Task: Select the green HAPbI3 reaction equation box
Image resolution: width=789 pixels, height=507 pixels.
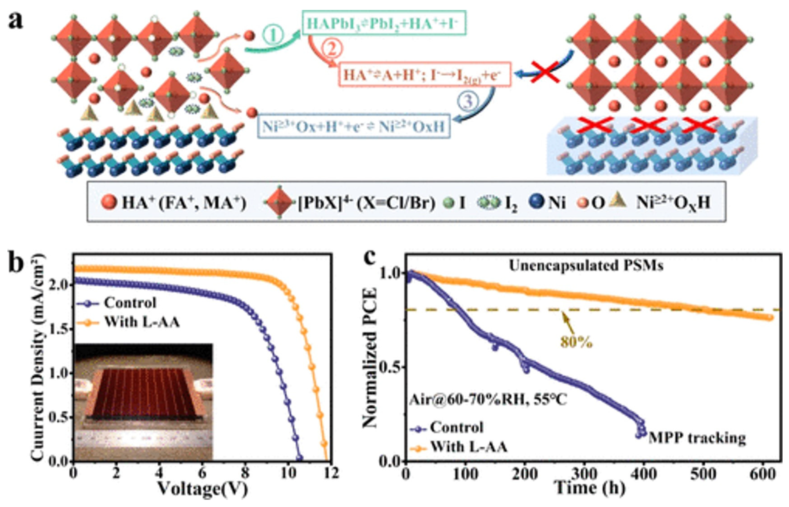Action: [x=384, y=23]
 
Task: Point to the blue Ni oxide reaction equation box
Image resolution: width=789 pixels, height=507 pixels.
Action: [x=354, y=126]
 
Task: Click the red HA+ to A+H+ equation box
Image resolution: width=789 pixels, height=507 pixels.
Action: [x=424, y=74]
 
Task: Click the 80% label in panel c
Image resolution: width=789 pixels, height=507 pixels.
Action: [x=576, y=342]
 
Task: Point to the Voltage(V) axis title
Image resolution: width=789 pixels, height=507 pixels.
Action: [x=202, y=490]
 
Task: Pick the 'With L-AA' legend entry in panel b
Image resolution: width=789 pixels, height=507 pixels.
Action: [x=141, y=322]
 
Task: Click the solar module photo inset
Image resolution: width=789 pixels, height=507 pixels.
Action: [x=143, y=402]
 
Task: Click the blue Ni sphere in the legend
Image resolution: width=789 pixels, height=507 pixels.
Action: [x=537, y=202]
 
